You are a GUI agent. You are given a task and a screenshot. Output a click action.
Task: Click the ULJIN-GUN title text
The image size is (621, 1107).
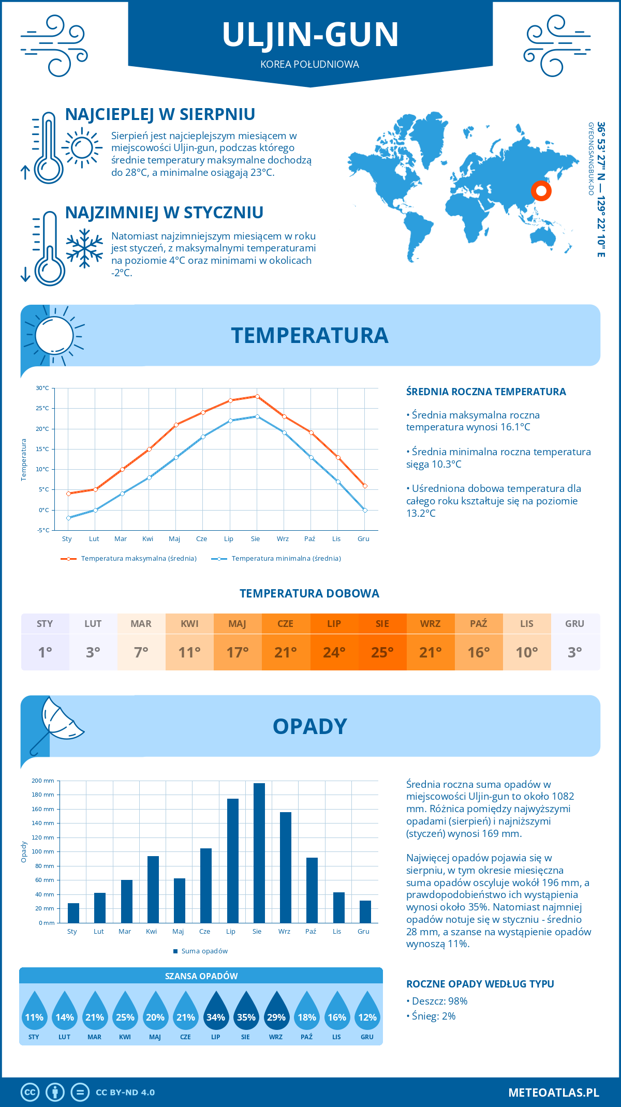pyautogui.click(x=310, y=35)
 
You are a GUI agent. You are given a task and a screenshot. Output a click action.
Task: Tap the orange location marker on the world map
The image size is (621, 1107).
pyautogui.click(x=541, y=191)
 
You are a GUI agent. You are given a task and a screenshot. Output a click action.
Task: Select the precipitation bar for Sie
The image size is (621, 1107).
pyautogui.click(x=259, y=854)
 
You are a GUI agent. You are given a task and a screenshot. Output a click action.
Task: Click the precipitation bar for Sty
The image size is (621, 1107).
pyautogui.click(x=73, y=913)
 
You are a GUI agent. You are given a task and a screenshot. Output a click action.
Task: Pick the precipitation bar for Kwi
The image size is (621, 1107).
pyautogui.click(x=153, y=890)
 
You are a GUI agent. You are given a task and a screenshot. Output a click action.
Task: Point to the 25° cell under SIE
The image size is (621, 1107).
pyautogui.click(x=382, y=652)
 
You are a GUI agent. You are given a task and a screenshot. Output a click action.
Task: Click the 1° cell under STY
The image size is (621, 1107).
pyautogui.click(x=45, y=652)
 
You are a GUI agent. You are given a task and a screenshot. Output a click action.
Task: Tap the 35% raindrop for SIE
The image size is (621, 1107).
pyautogui.click(x=246, y=1014)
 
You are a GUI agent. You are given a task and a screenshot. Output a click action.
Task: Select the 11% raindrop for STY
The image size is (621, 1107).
pyautogui.click(x=34, y=1014)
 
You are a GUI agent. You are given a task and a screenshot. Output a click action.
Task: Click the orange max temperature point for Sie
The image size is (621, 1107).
pyautogui.click(x=257, y=396)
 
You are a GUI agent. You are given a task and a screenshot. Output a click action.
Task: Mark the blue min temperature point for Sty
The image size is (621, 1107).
pyautogui.click(x=68, y=518)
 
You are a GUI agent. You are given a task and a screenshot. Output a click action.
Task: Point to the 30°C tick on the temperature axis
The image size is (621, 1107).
pyautogui.click(x=42, y=388)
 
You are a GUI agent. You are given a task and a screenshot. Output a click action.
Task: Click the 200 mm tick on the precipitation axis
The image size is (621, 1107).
pyautogui.click(x=43, y=781)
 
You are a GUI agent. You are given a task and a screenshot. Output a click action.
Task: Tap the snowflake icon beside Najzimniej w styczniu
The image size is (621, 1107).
pyautogui.click(x=84, y=248)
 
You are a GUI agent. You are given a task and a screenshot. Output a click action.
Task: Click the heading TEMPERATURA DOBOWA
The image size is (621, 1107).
pyautogui.click(x=309, y=593)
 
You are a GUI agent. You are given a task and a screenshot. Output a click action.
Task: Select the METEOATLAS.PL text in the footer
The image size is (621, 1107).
pyautogui.click(x=553, y=1093)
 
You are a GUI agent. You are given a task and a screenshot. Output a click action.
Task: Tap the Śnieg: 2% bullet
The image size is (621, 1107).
pyautogui.click(x=434, y=1016)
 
